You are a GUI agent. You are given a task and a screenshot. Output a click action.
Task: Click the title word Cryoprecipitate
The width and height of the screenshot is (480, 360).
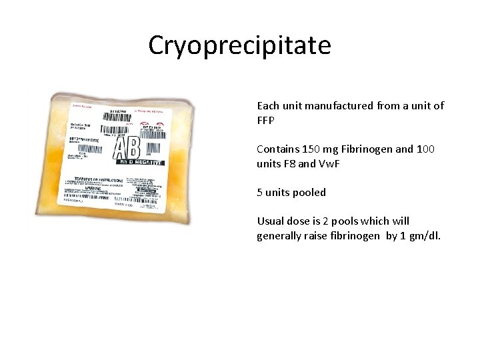pos(239,46)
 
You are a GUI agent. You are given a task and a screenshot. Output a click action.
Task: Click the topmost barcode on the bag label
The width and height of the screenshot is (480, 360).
pos(123,115)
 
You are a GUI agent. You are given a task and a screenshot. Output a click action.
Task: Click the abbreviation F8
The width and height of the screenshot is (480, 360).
pos(295,164)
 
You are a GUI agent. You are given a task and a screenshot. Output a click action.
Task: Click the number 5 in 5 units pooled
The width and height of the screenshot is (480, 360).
pos(260,193)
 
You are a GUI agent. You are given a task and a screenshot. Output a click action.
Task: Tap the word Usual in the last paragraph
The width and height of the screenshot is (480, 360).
pos(270,221)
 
